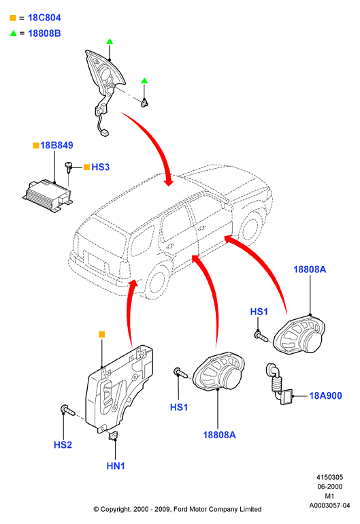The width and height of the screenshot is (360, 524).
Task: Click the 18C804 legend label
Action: click(x=44, y=18)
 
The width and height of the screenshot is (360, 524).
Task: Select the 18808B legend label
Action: click(x=44, y=33)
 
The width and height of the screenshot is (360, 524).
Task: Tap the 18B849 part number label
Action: click(x=56, y=146)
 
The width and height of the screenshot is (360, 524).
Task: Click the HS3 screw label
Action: click(x=100, y=167)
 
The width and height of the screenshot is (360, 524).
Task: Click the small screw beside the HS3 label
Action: click(x=69, y=167)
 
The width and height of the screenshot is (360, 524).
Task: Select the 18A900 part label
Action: click(x=325, y=395)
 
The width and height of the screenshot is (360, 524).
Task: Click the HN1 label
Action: click(x=116, y=465)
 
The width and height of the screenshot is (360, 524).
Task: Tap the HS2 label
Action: click(x=63, y=445)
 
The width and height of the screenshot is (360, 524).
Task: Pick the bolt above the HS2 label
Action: click(x=67, y=410)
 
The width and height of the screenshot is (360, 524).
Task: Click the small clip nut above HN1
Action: click(x=114, y=436)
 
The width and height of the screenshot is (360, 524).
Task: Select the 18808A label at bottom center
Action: click(x=219, y=435)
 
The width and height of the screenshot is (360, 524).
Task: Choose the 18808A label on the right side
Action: click(x=310, y=269)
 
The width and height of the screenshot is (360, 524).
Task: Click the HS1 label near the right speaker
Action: click(x=259, y=312)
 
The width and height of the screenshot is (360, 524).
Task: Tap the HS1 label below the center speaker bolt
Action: click(x=179, y=408)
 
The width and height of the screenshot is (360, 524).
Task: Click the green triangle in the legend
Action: click(x=14, y=33)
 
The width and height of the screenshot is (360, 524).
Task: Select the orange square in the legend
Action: click(x=13, y=18)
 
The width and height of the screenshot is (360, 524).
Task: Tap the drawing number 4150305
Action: click(x=329, y=477)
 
